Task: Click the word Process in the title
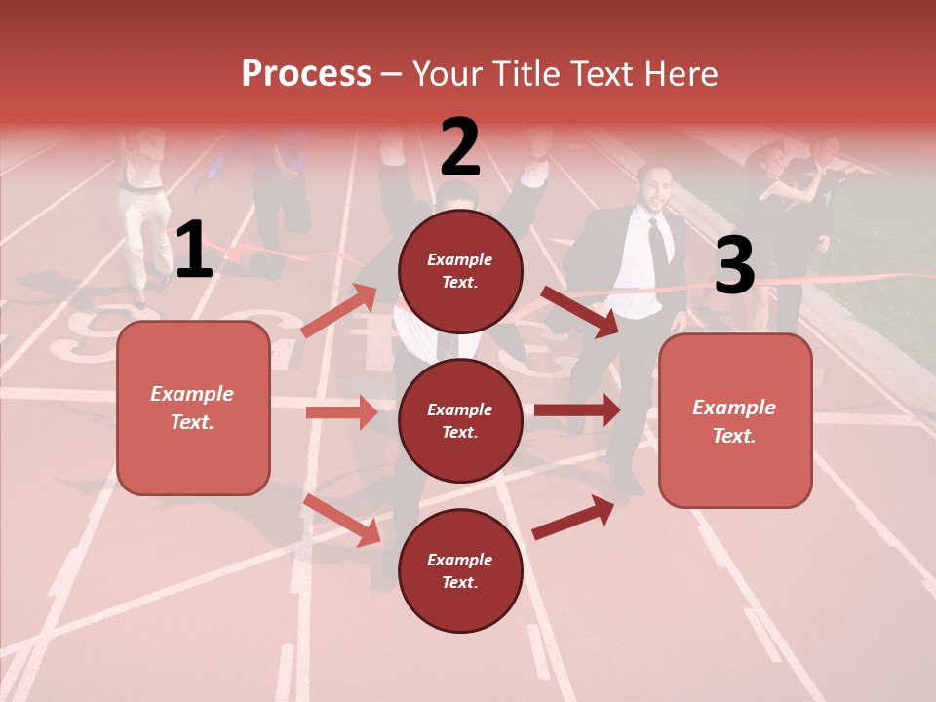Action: pos(306,74)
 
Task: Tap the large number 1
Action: pos(194,252)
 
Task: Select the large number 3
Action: pos(734,266)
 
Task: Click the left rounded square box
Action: pos(193,408)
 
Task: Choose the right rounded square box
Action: pos(735,421)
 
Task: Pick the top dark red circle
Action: pos(460,271)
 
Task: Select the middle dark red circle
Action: pos(460,420)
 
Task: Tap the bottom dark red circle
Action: pos(460,570)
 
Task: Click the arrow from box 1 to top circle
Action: pos(339,309)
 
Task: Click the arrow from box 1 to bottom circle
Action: pos(342,519)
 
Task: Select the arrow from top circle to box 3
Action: pos(579,311)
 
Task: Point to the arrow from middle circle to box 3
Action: pos(576,409)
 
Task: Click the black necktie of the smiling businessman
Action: pos(659,240)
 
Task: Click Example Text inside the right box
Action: pos(734,421)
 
